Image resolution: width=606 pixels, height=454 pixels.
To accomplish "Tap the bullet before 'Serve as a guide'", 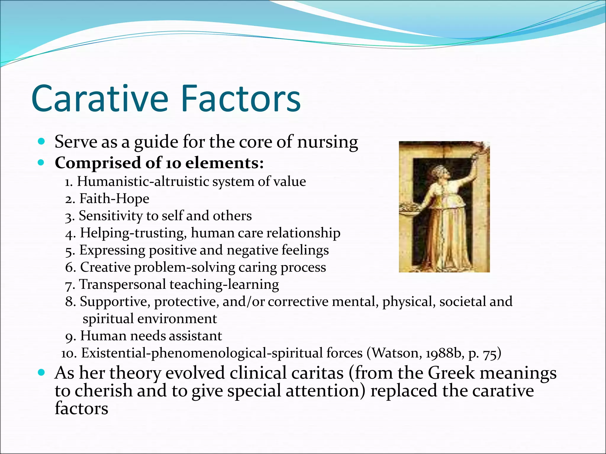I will point(41,142).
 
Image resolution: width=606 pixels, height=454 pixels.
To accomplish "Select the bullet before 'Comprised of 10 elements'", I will point(41,163).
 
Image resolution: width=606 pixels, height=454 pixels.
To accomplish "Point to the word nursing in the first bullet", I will point(328,142).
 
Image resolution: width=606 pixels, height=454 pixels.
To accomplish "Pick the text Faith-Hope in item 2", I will point(114,199).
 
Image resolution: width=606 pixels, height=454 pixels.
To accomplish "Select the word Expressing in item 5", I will point(112,250).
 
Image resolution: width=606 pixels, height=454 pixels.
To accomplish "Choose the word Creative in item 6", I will point(105,267).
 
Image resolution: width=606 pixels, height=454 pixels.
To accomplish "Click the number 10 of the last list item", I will point(69,354).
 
